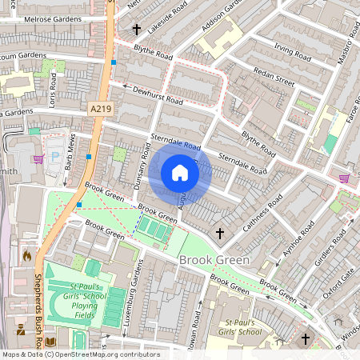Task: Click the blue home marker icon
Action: (180, 173)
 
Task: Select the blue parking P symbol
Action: (55, 156)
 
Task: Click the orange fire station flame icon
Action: (26, 256)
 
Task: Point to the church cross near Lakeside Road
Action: (137, 30)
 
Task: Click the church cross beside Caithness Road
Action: (220, 233)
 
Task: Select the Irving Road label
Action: (291, 52)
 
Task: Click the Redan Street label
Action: (274, 76)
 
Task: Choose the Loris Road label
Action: (54, 90)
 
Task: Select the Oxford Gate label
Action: (337, 282)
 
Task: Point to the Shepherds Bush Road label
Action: (38, 308)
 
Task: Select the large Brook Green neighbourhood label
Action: (214, 261)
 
